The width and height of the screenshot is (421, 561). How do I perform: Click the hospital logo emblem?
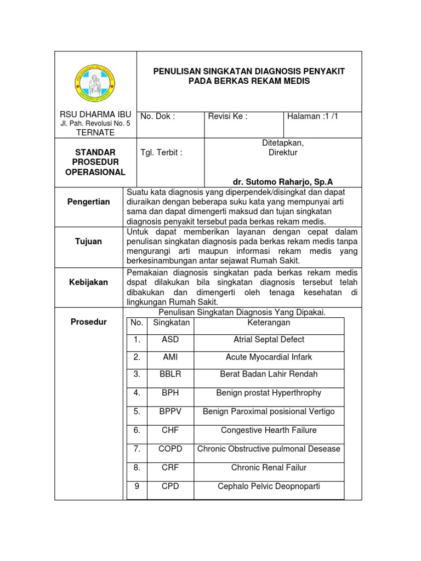pos(95,83)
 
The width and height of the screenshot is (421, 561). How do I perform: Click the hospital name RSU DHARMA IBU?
pos(95,115)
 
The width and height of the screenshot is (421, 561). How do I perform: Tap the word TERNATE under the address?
pos(95,133)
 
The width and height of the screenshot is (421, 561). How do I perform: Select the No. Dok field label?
pos(158,116)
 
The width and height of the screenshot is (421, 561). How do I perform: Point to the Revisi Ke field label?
pos(228,116)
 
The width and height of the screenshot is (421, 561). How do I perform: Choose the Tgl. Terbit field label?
pos(161,153)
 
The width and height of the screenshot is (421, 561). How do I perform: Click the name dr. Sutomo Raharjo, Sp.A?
pos(283,182)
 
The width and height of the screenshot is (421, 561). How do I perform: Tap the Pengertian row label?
pos(89,202)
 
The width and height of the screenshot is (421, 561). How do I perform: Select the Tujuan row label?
pos(89,242)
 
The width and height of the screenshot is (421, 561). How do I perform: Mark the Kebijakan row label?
pos(89,282)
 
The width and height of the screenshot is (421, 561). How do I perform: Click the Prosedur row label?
pos(89,322)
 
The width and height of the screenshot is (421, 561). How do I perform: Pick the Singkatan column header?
pos(171,323)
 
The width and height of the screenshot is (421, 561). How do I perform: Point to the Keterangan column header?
pos(269,323)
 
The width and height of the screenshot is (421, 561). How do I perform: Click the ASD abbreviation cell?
pos(170,340)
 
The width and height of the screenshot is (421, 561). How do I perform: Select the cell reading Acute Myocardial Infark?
pos(269,357)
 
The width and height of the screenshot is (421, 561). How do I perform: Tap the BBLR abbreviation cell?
pos(170,374)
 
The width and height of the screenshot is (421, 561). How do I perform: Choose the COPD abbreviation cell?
pos(170,449)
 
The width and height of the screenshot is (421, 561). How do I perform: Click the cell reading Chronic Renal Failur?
pos(269,467)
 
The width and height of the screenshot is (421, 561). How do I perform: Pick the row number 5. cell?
pos(137,411)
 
